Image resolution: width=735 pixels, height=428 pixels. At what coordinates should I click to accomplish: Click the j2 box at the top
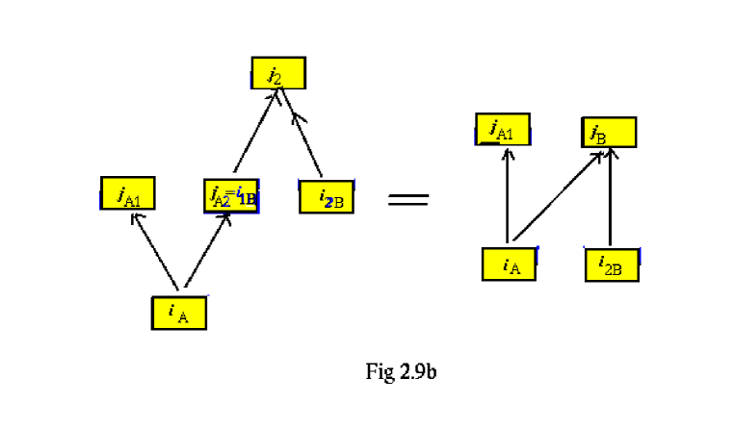click(278, 73)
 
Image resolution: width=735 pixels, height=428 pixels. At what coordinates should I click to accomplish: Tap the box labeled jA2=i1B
click(231, 195)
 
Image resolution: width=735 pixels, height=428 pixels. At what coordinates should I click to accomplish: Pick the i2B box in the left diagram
click(326, 196)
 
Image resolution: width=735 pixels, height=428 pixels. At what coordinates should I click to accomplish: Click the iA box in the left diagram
click(178, 314)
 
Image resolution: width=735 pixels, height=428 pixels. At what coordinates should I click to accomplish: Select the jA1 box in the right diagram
click(502, 129)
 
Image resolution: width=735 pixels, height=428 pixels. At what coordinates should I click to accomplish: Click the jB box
click(609, 132)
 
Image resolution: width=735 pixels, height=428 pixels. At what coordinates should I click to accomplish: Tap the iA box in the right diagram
click(509, 264)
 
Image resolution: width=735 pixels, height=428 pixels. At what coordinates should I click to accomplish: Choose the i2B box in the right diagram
click(612, 264)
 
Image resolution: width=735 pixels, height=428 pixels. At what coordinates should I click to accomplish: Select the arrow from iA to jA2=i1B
click(204, 250)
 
